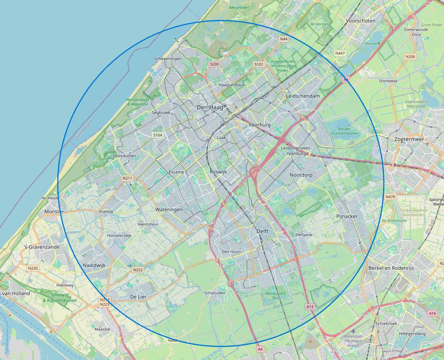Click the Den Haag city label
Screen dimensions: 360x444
(209, 108)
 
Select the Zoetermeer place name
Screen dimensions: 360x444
(409, 140)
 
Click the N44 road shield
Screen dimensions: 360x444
(284, 39)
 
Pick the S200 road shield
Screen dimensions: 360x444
(214, 64)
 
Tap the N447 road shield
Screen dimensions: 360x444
(340, 53)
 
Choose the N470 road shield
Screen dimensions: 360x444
(390, 197)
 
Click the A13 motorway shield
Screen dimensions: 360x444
(310, 307)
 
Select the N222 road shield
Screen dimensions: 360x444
(138, 270)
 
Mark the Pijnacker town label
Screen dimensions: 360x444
(347, 216)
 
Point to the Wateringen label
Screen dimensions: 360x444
(169, 210)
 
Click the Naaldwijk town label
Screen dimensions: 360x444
(94, 265)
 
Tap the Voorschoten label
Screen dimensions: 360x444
(360, 21)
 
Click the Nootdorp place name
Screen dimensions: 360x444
(301, 175)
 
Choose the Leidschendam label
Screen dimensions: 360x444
(302, 96)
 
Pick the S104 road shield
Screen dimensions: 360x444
(158, 135)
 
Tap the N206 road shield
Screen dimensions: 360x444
(410, 57)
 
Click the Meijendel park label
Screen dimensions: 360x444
(239, 7)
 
